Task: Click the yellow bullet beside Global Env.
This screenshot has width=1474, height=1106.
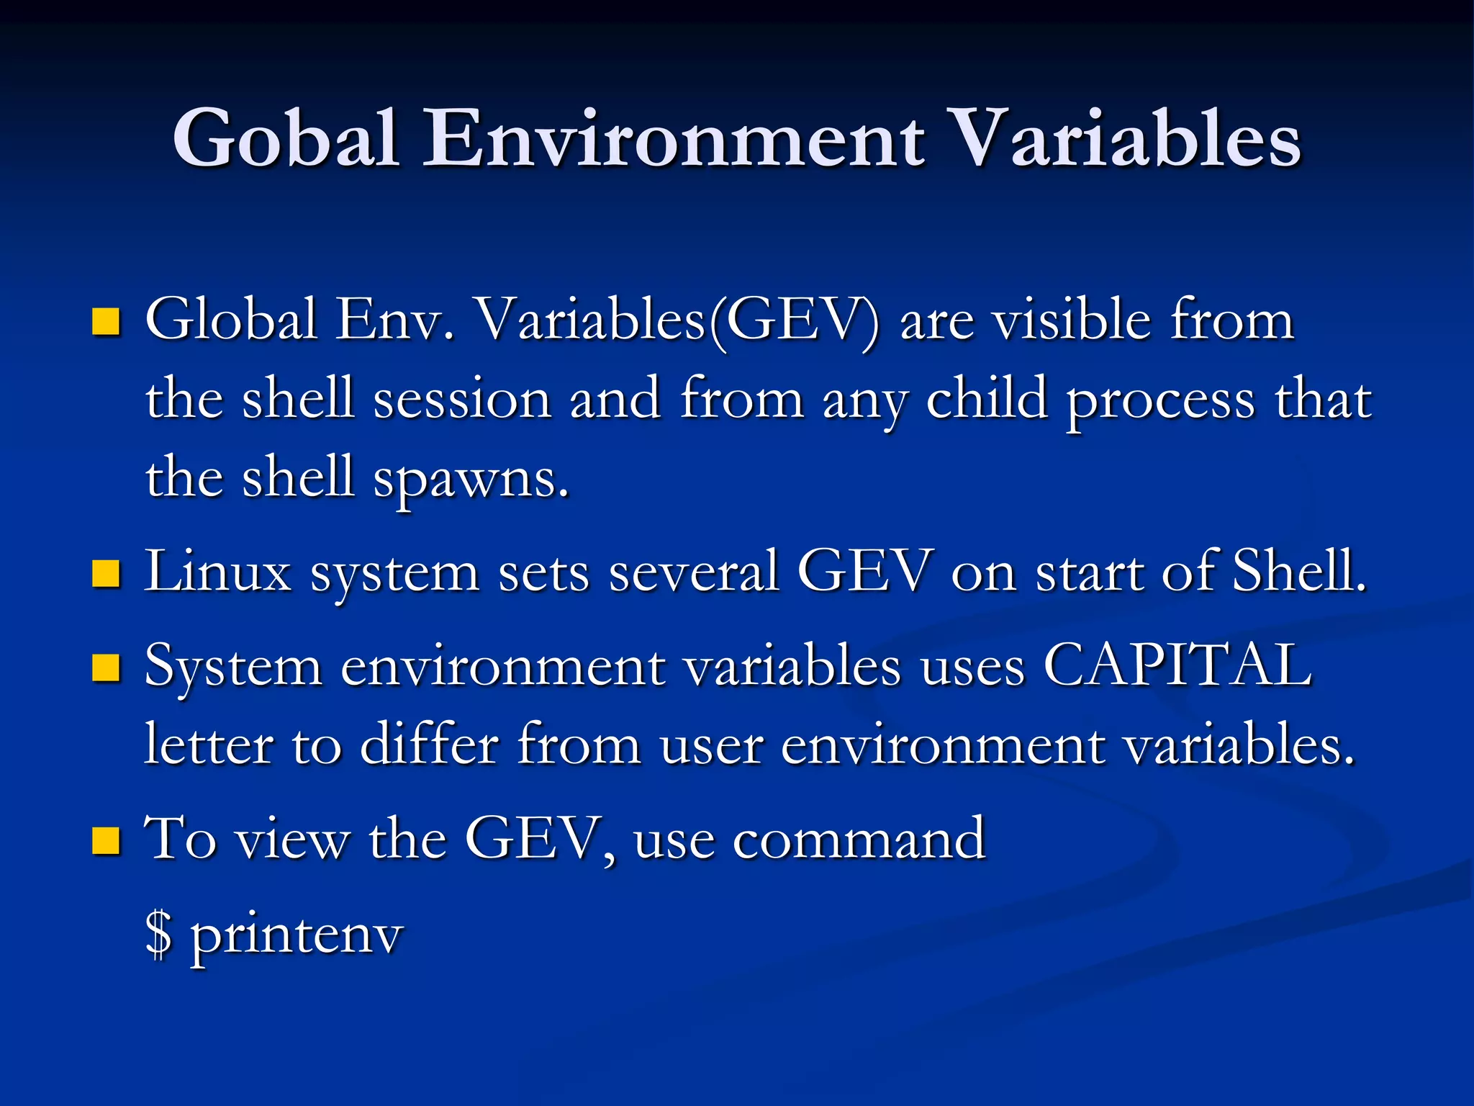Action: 107,322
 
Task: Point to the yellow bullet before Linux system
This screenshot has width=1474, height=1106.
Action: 107,574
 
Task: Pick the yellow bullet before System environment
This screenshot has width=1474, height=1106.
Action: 107,667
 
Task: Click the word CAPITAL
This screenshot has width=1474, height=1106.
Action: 1177,665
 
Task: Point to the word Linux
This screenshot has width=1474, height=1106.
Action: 218,571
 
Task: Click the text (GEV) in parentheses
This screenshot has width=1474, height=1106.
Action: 795,320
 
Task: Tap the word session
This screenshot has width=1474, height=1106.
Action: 462,400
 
